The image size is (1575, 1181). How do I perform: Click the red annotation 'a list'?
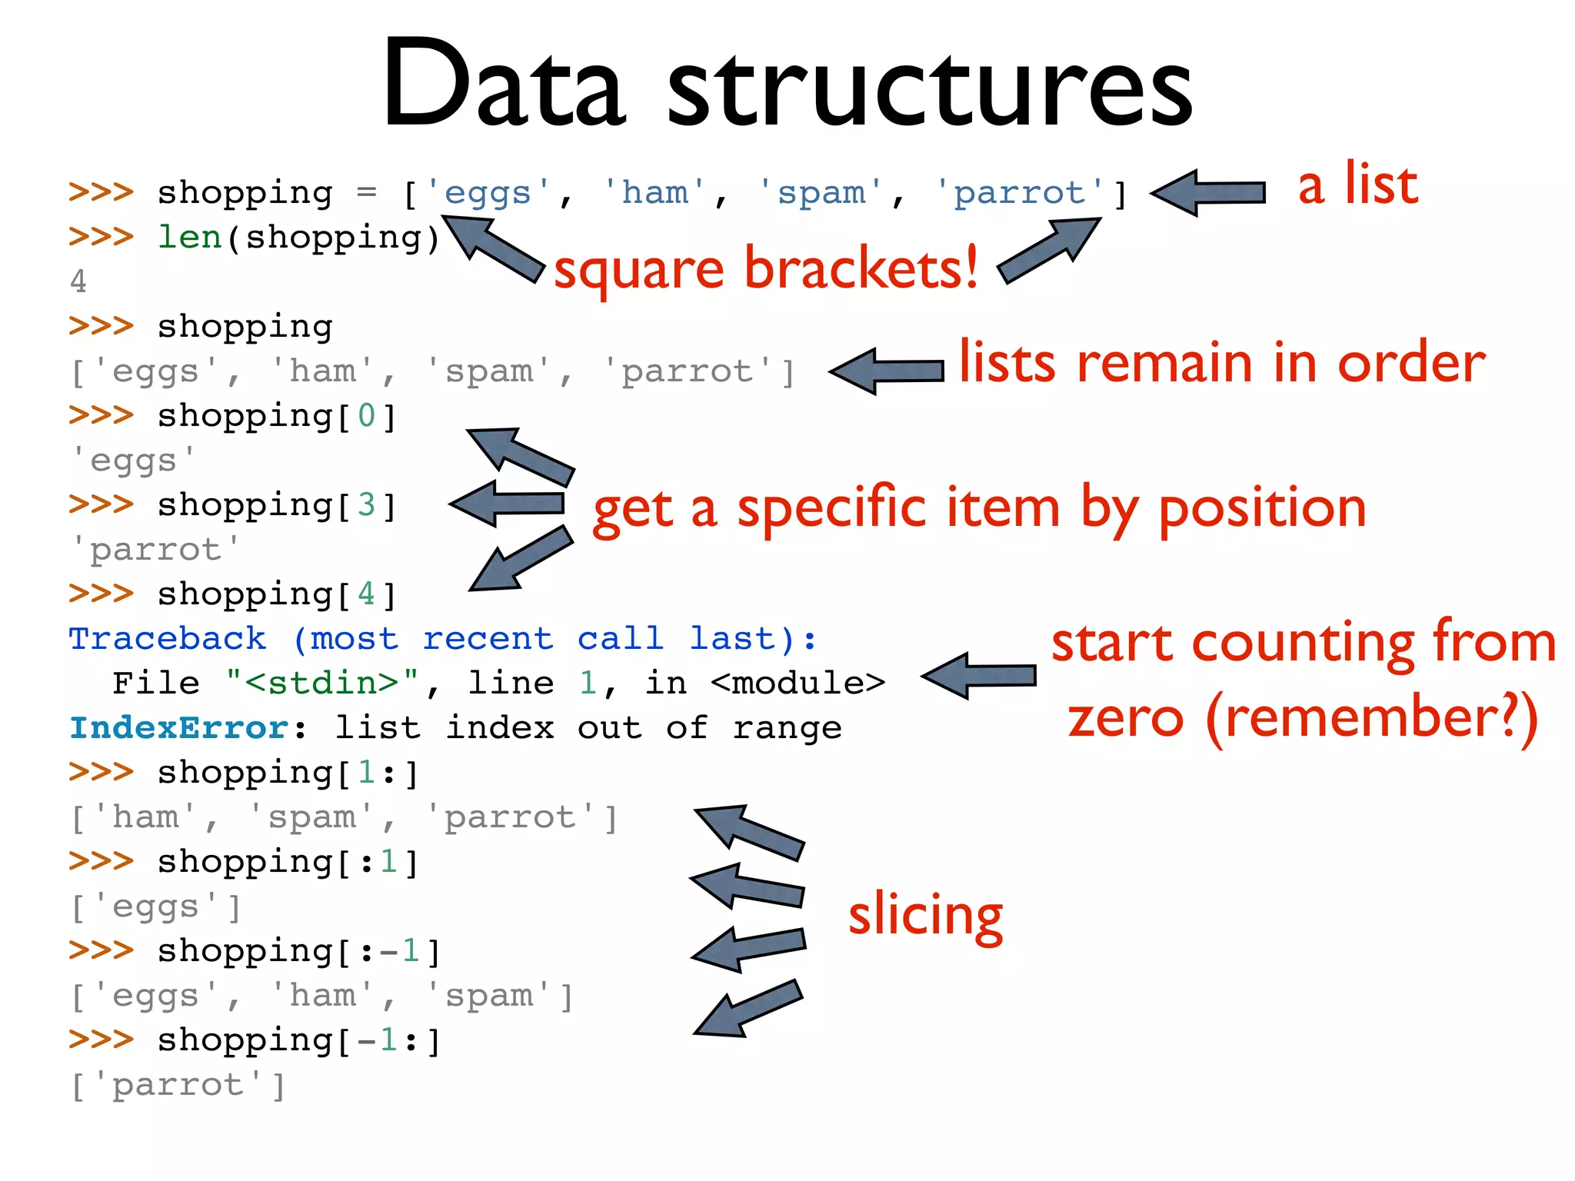coord(1357,186)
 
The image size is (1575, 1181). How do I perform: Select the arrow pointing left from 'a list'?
coord(1208,193)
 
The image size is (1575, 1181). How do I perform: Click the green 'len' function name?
coord(189,237)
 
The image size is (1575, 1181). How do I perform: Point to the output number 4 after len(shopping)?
coord(78,281)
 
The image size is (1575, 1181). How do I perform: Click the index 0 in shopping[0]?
coord(366,416)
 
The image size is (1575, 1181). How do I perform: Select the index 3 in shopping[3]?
coord(366,505)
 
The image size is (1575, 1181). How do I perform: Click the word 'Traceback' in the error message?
coord(168,639)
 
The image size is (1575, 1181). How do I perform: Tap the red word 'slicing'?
coord(925,915)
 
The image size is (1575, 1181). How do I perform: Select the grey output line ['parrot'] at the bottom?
coord(178,1086)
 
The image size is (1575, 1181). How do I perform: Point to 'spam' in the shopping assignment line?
coord(821,193)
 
